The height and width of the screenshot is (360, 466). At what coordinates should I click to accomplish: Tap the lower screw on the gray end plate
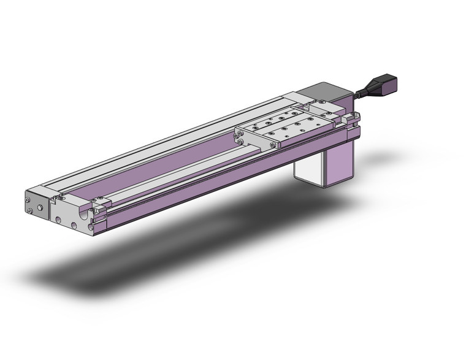(x=29, y=212)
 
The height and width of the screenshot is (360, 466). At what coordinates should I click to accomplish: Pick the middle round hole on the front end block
(x=74, y=225)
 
